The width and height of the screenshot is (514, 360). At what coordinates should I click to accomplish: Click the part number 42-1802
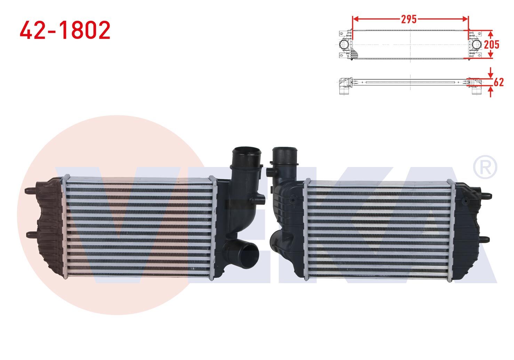pyautogui.click(x=65, y=30)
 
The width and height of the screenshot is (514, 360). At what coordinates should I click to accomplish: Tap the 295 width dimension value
pyautogui.click(x=409, y=19)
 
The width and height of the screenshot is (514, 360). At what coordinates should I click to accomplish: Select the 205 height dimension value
pyautogui.click(x=491, y=45)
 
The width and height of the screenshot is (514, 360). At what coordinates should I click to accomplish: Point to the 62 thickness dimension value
pyautogui.click(x=498, y=82)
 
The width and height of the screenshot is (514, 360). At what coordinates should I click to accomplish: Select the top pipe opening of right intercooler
pyautogui.click(x=284, y=153)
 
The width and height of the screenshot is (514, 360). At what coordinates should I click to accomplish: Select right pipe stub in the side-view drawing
pyautogui.click(x=476, y=90)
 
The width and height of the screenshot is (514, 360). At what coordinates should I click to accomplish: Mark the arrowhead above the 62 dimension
pyautogui.click(x=490, y=75)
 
